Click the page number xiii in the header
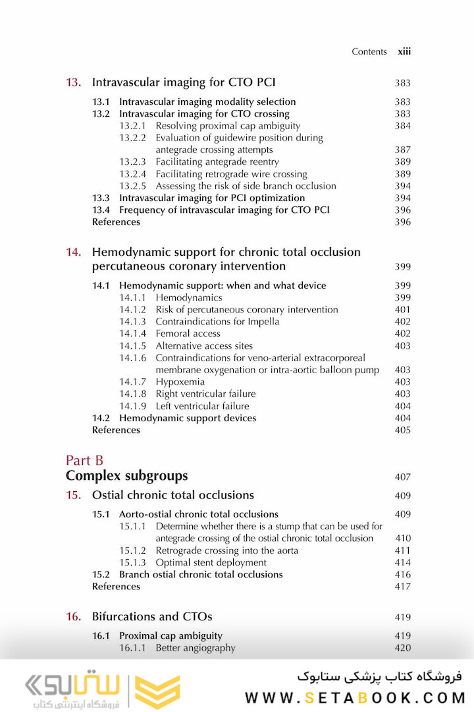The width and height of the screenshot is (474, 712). (x=404, y=51)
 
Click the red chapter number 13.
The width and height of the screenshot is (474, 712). (x=73, y=82)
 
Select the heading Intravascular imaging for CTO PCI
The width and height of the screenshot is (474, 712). (x=184, y=82)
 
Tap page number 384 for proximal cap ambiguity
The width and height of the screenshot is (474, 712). (x=402, y=126)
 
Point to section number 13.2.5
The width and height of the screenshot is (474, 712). (x=133, y=186)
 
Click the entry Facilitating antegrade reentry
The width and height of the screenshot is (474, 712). (x=217, y=162)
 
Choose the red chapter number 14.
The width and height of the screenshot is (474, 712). (x=73, y=252)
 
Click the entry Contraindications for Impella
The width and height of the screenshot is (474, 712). (x=217, y=322)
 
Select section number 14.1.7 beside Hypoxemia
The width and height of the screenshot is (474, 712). (x=133, y=382)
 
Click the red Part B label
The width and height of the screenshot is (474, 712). (x=85, y=460)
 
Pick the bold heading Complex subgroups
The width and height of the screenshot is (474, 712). (x=126, y=476)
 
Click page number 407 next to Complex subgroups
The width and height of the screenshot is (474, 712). (x=402, y=477)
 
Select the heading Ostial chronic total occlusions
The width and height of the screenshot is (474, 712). (x=172, y=495)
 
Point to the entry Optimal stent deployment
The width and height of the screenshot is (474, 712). (x=211, y=562)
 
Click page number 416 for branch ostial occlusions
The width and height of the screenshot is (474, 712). (x=402, y=575)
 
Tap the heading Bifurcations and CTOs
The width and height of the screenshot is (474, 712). (x=152, y=617)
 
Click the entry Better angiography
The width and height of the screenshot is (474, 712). (x=195, y=648)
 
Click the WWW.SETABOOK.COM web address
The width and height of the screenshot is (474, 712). (x=355, y=697)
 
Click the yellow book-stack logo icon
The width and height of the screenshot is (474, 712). (x=157, y=692)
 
